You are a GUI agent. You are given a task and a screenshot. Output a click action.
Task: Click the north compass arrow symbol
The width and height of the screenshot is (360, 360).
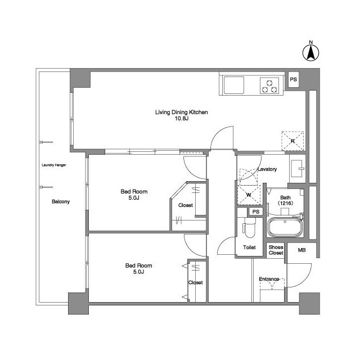(x=311, y=53)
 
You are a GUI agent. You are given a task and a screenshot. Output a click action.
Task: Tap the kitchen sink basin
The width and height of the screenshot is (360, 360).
(x=234, y=85)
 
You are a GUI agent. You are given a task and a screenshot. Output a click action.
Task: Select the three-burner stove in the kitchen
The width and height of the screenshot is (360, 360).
(x=269, y=85)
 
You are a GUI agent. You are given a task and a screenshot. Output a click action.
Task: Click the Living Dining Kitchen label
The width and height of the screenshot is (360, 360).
(x=181, y=112)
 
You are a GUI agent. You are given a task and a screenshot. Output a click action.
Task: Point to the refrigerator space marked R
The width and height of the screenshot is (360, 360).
(x=292, y=141)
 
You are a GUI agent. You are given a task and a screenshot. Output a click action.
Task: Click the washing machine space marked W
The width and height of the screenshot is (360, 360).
(x=249, y=195)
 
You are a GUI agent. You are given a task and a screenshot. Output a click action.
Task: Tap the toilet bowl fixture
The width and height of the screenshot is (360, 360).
(x=250, y=227)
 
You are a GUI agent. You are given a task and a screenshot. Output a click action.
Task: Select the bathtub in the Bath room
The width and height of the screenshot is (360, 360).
(x=285, y=227)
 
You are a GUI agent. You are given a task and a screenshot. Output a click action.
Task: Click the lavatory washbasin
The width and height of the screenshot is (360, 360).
(x=298, y=169)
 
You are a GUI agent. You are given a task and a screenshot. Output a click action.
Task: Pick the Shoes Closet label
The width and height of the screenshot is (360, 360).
(x=276, y=250)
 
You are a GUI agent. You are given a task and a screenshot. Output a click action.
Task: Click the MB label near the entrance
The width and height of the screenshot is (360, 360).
(x=301, y=250)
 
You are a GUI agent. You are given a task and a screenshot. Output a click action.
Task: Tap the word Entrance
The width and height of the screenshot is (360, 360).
(x=269, y=279)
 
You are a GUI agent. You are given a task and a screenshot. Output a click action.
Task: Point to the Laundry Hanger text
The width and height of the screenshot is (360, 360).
(x=54, y=165)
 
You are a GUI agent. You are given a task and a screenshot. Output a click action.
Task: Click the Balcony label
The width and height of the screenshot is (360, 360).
(x=61, y=201)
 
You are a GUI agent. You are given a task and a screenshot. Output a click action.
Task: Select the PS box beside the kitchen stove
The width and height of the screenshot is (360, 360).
(x=294, y=79)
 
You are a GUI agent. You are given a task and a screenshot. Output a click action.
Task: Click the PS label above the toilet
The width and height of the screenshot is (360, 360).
(x=256, y=211)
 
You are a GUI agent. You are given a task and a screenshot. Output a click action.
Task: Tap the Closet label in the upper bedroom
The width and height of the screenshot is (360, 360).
(x=186, y=205)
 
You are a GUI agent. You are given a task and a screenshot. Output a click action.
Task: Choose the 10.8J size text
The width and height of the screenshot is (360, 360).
(x=181, y=119)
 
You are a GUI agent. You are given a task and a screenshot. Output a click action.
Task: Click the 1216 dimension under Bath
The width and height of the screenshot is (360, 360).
(x=285, y=203)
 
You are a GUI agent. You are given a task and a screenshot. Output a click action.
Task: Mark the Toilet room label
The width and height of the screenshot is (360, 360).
(x=249, y=247)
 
